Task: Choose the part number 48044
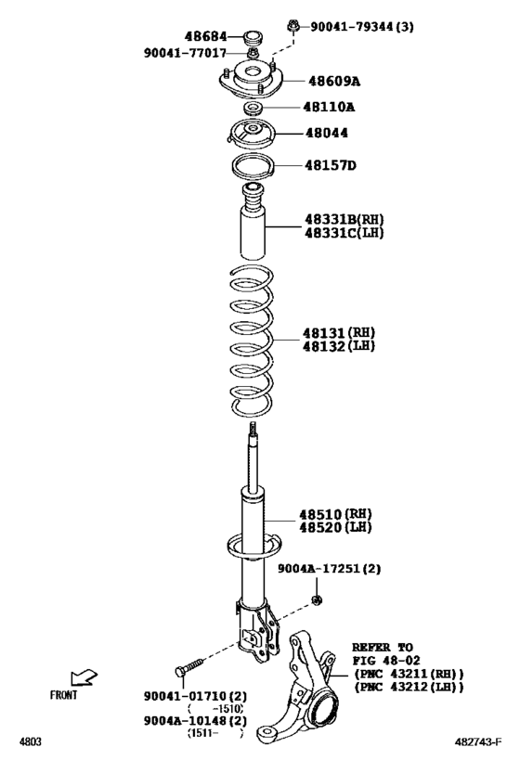[x=327, y=134]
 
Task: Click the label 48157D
[x=331, y=166]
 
